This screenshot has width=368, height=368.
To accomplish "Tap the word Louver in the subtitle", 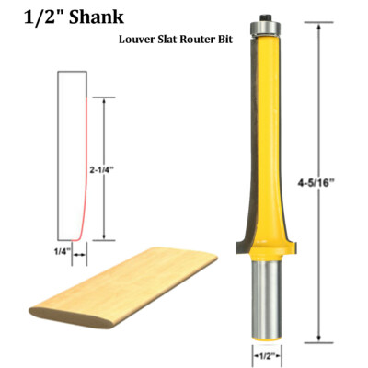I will pos(136,40).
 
